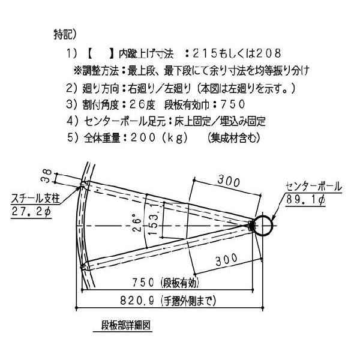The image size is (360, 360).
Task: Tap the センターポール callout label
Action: click(x=314, y=187)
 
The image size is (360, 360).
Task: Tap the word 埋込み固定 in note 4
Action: click(x=241, y=121)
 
